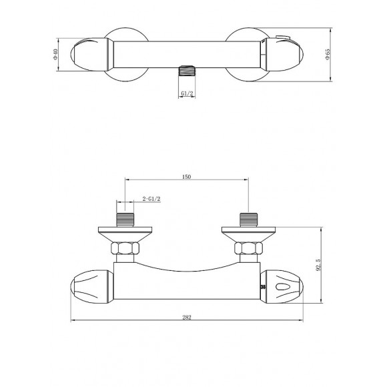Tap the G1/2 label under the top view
pyautogui.click(x=187, y=94)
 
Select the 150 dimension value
pyautogui.click(x=186, y=176)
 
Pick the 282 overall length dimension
pyautogui.click(x=187, y=318)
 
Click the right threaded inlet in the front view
pyautogui.click(x=248, y=220)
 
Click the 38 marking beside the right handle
pyautogui.click(x=263, y=286)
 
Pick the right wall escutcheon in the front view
pyautogui.click(x=248, y=233)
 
